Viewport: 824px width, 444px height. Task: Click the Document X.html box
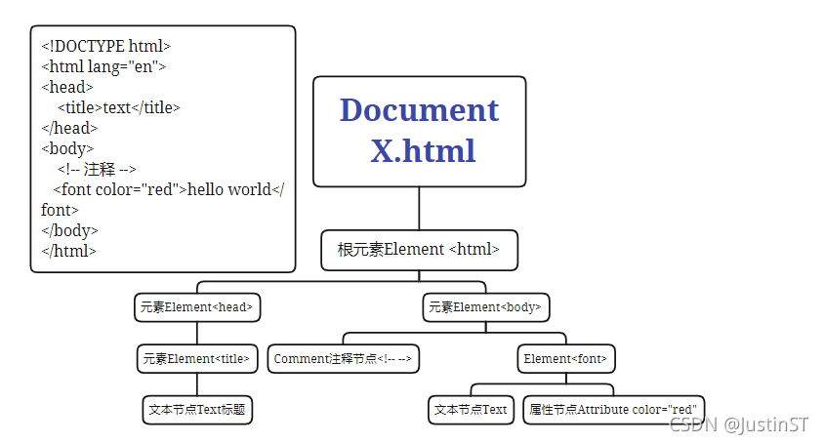coord(419,131)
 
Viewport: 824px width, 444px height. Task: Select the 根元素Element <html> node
coord(419,250)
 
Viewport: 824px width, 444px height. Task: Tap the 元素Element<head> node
coord(197,307)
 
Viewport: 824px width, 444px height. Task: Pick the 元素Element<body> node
coord(484,307)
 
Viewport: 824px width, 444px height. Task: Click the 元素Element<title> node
coord(198,358)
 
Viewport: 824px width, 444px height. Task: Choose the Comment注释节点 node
coord(343,359)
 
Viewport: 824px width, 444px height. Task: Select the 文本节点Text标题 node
coord(197,410)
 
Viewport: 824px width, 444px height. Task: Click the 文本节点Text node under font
coord(471,410)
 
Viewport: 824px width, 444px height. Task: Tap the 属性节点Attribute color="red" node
coord(613,410)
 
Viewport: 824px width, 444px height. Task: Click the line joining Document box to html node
coord(419,208)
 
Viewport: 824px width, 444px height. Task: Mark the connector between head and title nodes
coord(197,332)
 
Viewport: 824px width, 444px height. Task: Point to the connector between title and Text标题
coord(197,383)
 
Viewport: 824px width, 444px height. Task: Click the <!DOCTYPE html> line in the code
coord(106,46)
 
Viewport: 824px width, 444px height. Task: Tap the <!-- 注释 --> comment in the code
coord(97,169)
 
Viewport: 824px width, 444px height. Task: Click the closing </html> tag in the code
coord(68,251)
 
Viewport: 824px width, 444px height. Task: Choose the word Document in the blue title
coord(419,110)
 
